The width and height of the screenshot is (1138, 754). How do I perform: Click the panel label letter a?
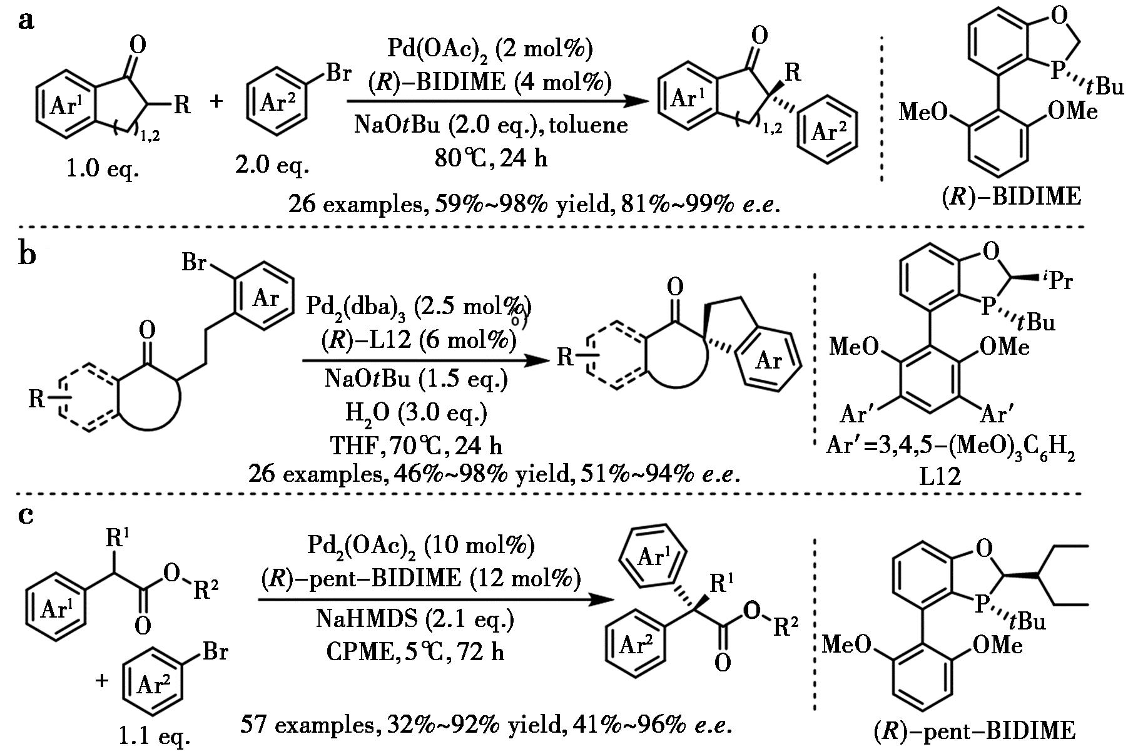[26, 21]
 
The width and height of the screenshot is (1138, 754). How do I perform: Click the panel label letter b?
[28, 255]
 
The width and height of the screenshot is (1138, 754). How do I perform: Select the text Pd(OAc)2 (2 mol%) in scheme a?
[490, 48]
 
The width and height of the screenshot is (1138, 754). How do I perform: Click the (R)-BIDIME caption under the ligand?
[1011, 196]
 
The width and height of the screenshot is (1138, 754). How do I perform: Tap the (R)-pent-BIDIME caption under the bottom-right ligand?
[974, 730]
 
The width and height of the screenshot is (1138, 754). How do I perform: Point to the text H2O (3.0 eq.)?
[416, 412]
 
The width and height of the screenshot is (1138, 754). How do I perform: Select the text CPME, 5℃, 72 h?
[415, 652]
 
